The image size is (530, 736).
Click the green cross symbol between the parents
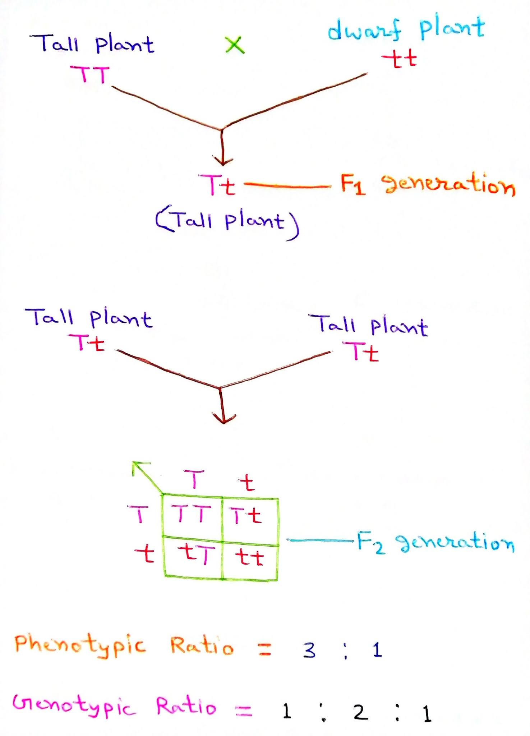tap(235, 45)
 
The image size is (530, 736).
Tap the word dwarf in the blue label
tap(364, 30)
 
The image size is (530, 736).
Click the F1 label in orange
tap(353, 184)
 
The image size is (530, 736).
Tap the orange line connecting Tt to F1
tap(287, 186)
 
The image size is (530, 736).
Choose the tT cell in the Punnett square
tap(196, 555)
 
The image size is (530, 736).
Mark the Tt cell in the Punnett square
tap(246, 516)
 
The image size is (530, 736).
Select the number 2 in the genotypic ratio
tap(360, 712)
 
